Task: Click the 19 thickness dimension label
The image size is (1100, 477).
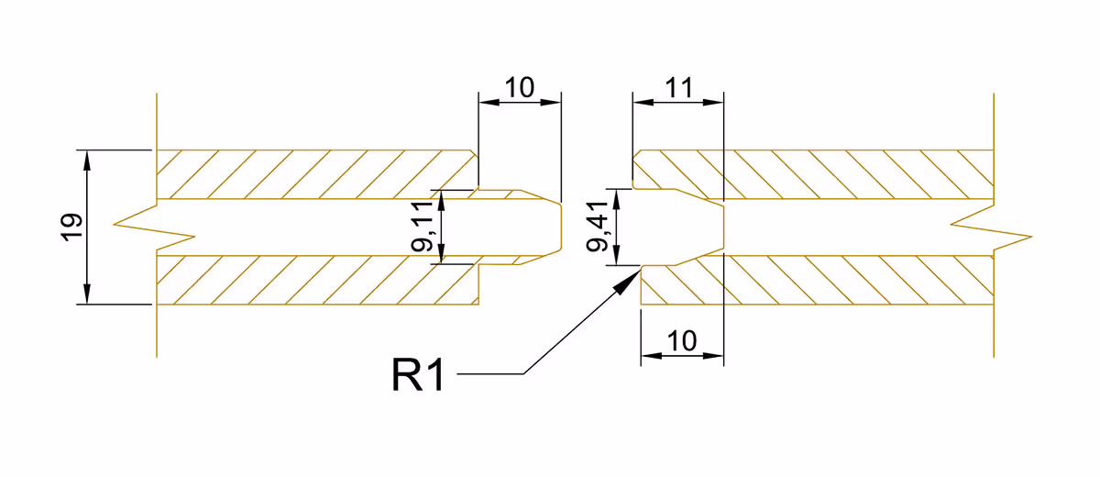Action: click(71, 227)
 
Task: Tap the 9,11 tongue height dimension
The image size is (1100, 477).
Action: click(422, 227)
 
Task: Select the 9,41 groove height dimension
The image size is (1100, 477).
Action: click(597, 227)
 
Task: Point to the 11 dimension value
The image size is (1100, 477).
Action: click(678, 88)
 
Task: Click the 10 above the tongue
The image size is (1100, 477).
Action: click(519, 88)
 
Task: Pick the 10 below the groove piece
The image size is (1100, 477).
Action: click(682, 340)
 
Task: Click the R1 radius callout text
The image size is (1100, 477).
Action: click(418, 375)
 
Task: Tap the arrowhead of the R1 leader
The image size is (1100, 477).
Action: click(630, 281)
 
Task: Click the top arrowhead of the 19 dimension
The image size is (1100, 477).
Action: click(87, 161)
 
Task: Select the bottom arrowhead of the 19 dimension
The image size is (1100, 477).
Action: click(87, 294)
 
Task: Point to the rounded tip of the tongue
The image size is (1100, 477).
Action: click(560, 227)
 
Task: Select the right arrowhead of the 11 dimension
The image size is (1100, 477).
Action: click(713, 102)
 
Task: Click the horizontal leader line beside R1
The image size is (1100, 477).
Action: click(490, 374)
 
